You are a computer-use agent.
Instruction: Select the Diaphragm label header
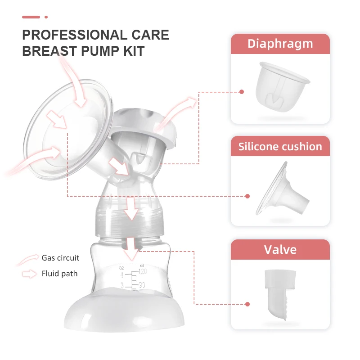pyautogui.click(x=280, y=44)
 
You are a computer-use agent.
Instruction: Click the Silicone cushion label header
pyautogui.click(x=280, y=147)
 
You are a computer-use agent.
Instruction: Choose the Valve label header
pyautogui.click(x=280, y=249)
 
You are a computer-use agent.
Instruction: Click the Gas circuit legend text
pyautogui.click(x=60, y=258)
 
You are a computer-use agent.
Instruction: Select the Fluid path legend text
pyautogui.click(x=59, y=273)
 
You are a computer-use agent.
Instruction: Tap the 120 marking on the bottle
pyautogui.click(x=144, y=271)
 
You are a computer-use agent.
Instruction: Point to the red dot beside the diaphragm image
pyautogui.click(x=242, y=92)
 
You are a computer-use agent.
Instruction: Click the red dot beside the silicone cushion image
pyautogui.click(x=247, y=196)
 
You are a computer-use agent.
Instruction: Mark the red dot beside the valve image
pyautogui.click(x=247, y=304)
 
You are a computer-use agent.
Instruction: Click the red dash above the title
pyautogui.click(x=31, y=17)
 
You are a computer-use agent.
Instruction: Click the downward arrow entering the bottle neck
pyautogui.click(x=131, y=248)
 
